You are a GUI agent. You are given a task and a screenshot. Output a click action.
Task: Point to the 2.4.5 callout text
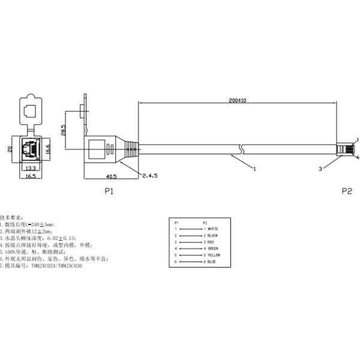pyautogui.click(x=151, y=176)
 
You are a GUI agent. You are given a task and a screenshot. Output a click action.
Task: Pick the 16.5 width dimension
pyautogui.click(x=29, y=177)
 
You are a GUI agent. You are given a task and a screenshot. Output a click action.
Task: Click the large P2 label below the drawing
pyautogui.click(x=346, y=191)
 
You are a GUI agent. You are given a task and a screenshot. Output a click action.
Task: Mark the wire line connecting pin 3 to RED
pyautogui.click(x=191, y=242)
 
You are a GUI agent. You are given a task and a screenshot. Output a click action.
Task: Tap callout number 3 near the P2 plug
pyautogui.click(x=320, y=169)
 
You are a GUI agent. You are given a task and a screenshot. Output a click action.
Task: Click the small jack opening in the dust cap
pyautogui.click(x=30, y=110)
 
